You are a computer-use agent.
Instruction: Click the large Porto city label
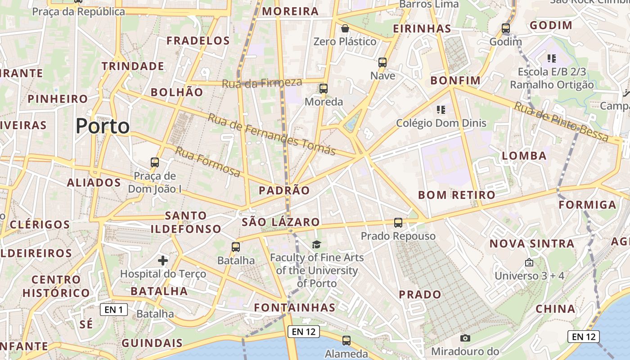tap(103, 126)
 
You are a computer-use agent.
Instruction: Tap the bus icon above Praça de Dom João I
tap(155, 162)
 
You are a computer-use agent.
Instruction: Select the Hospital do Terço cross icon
tap(163, 260)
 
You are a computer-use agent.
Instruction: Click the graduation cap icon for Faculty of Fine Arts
tap(317, 244)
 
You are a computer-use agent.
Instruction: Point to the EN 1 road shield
tap(114, 310)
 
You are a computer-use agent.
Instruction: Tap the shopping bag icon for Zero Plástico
tap(345, 28)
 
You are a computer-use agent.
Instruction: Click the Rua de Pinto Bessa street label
tap(561, 121)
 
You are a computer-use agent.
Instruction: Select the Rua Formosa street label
tap(207, 162)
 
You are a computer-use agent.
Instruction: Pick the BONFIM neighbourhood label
tap(455, 81)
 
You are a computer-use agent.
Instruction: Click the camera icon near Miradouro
tap(465, 337)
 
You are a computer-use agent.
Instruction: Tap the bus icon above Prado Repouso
tap(398, 222)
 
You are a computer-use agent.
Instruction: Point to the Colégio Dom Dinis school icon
tap(441, 109)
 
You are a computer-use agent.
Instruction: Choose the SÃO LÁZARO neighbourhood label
tap(280, 222)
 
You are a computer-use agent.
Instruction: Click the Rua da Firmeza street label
tap(262, 83)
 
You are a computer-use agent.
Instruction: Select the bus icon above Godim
tap(506, 28)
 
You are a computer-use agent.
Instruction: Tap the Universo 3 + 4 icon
tap(529, 262)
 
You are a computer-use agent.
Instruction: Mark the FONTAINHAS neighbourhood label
tap(294, 308)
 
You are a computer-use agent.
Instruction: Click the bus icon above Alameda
tap(346, 341)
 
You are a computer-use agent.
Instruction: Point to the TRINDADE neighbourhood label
tap(133, 66)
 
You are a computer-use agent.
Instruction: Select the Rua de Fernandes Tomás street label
tap(272, 134)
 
